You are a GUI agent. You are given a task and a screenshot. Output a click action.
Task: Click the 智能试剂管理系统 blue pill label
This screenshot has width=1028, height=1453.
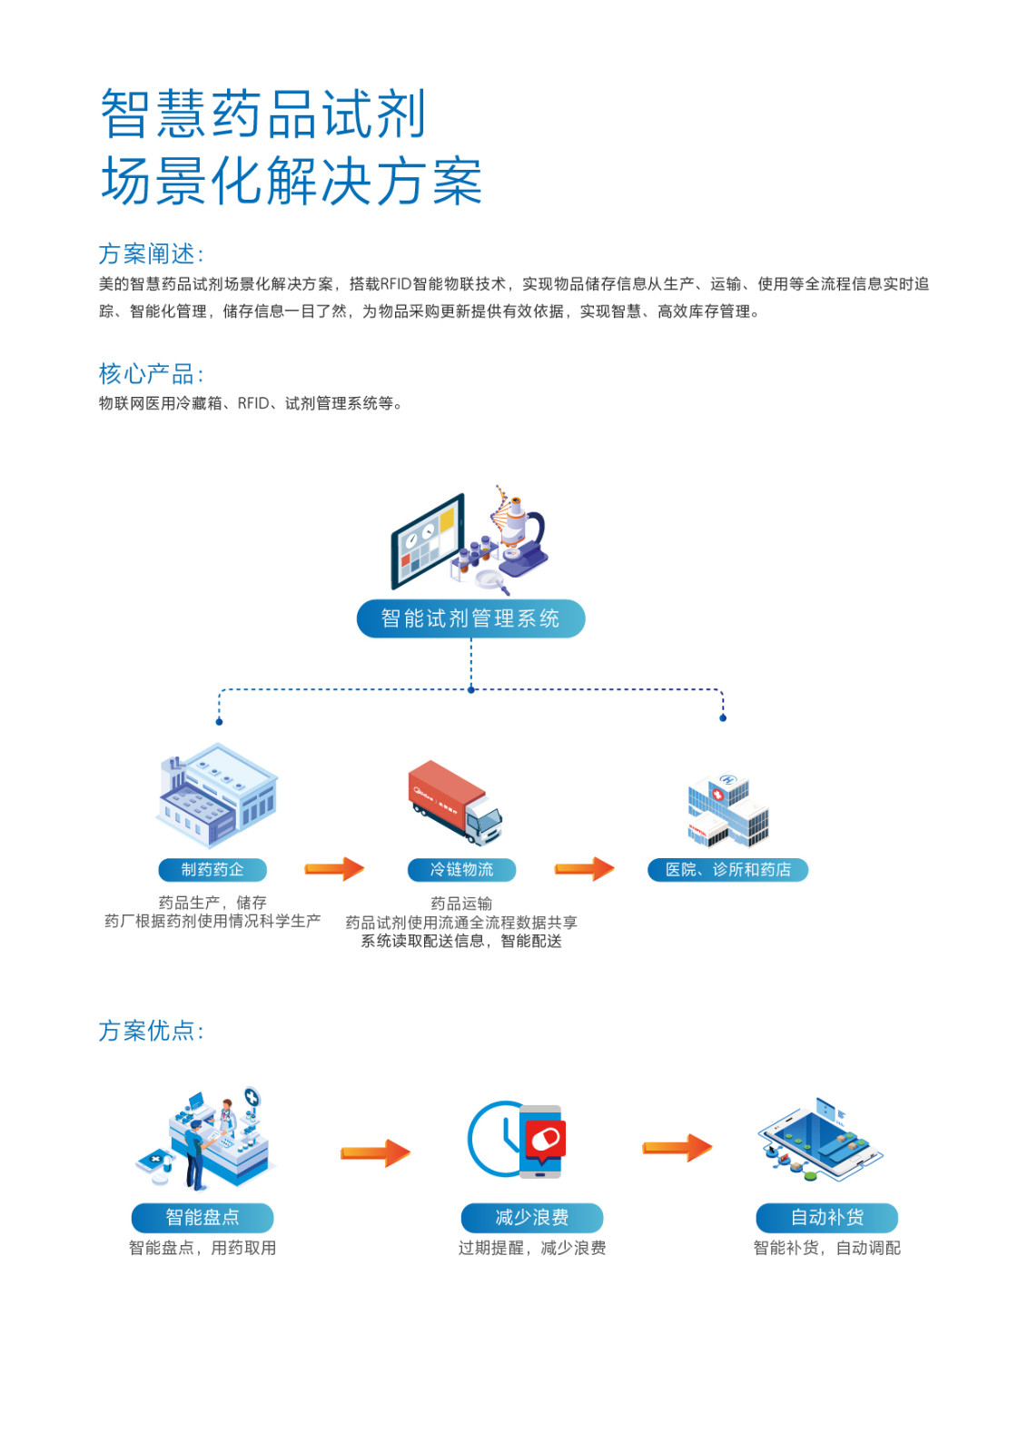(470, 618)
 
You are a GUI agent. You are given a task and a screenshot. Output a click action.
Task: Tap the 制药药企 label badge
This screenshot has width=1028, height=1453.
(213, 870)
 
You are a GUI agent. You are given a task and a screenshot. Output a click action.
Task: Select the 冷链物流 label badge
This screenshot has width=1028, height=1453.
(461, 870)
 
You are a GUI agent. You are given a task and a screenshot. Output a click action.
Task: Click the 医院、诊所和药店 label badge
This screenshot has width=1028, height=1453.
(727, 870)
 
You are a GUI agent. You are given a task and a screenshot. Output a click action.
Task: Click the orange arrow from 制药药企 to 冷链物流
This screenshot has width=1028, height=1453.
(334, 869)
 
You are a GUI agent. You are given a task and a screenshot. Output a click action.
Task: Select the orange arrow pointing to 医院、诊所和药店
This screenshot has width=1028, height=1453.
(584, 869)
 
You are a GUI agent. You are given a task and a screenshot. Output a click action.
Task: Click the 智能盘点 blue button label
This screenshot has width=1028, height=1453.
(203, 1217)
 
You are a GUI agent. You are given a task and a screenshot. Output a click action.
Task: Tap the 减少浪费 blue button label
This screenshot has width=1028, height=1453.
(532, 1217)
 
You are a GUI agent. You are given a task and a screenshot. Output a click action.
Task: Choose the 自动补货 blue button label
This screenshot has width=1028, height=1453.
(826, 1217)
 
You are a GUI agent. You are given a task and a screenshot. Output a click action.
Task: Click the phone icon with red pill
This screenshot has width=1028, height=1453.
(542, 1141)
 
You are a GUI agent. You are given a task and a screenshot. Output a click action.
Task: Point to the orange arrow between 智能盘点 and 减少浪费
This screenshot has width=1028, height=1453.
(375, 1152)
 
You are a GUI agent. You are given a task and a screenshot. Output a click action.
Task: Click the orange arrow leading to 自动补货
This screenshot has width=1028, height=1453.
(677, 1148)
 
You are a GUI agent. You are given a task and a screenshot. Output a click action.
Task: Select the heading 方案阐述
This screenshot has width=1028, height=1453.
(151, 254)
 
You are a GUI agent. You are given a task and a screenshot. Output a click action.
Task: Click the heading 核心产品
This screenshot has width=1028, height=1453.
(151, 374)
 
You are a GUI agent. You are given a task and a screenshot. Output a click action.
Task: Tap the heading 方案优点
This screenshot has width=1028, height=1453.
(151, 1031)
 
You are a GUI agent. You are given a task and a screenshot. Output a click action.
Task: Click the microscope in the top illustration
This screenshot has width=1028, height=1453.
(521, 536)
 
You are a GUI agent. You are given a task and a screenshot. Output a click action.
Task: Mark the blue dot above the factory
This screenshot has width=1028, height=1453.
(219, 722)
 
